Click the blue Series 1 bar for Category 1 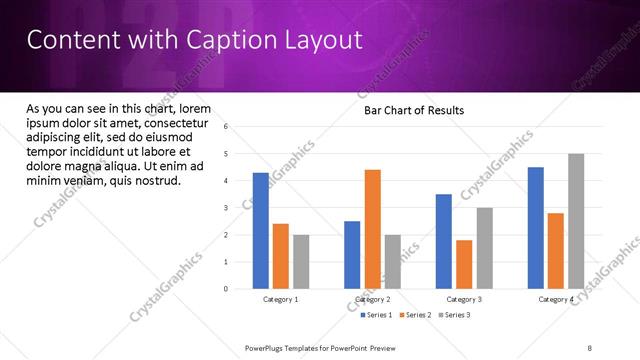261,231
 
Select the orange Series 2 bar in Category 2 372,229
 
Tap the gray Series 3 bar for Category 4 576,221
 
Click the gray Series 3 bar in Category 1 301,262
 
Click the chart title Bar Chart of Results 413,110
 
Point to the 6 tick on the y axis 227,127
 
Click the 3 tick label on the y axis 227,208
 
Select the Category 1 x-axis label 281,299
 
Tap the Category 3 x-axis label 464,299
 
